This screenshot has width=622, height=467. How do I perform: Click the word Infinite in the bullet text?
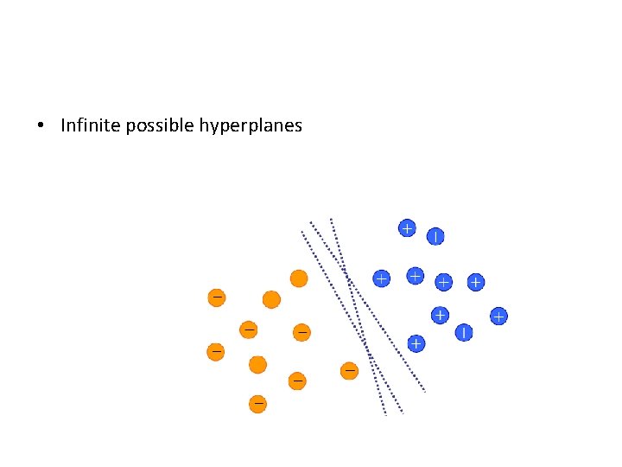pos(91,125)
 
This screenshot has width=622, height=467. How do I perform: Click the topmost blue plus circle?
pos(406,228)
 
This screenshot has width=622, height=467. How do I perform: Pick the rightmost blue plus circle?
pos(498,317)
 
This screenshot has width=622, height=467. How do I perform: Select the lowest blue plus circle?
pos(416,343)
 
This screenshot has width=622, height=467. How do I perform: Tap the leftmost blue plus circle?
pos(380,278)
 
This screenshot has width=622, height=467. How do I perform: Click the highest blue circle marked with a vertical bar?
pos(435,235)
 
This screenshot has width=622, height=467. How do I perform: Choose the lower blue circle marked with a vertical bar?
pos(465,331)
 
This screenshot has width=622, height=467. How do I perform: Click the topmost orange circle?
pos(298,278)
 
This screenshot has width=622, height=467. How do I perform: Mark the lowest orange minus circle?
pos(257,403)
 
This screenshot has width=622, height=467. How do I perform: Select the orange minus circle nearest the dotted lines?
pos(349,371)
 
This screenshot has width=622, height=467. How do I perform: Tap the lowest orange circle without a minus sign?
pos(257,365)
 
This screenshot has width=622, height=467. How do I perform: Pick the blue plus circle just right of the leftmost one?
pos(416,275)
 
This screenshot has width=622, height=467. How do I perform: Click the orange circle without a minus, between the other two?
pos(271,299)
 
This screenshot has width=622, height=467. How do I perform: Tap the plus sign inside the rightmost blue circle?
pos(498,317)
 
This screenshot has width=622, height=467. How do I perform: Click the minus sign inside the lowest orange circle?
pos(257,403)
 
